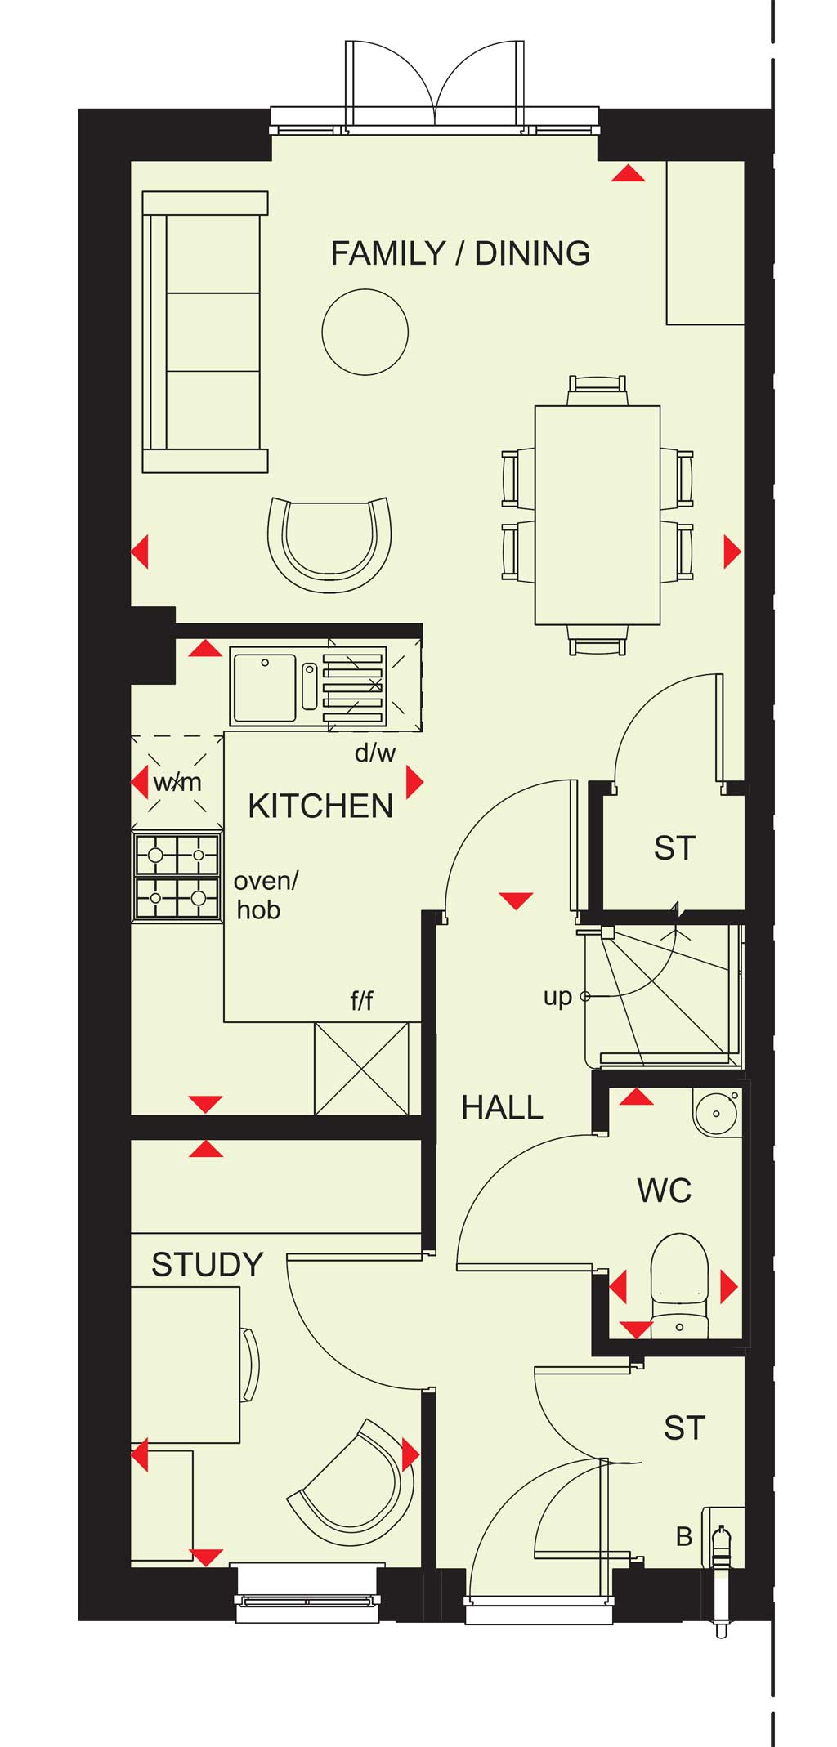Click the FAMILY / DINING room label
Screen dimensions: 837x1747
pyautogui.click(x=460, y=253)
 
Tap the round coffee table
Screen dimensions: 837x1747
pyautogui.click(x=365, y=332)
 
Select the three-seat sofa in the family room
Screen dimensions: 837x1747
pyautogui.click(x=205, y=332)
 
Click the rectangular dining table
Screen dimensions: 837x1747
pyautogui.click(x=598, y=515)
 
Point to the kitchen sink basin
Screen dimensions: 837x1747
pyautogui.click(x=264, y=686)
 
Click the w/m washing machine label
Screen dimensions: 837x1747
pyautogui.click(x=177, y=782)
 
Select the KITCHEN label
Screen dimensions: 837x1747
pyautogui.click(x=320, y=806)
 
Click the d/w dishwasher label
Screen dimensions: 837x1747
pyautogui.click(x=375, y=753)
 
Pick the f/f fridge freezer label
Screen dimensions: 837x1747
pyautogui.click(x=361, y=999)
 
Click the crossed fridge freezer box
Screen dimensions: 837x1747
pyautogui.click(x=361, y=1068)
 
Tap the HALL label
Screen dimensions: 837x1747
pyautogui.click(x=502, y=1107)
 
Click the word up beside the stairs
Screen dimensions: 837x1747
pyautogui.click(x=557, y=998)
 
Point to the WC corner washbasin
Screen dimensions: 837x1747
pyautogui.click(x=717, y=1112)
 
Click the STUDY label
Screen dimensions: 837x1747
pyautogui.click(x=208, y=1264)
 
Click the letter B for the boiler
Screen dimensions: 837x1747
pyautogui.click(x=684, y=1537)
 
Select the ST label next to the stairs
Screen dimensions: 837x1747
pyautogui.click(x=674, y=848)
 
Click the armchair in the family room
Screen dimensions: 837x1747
pyautogui.click(x=329, y=544)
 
